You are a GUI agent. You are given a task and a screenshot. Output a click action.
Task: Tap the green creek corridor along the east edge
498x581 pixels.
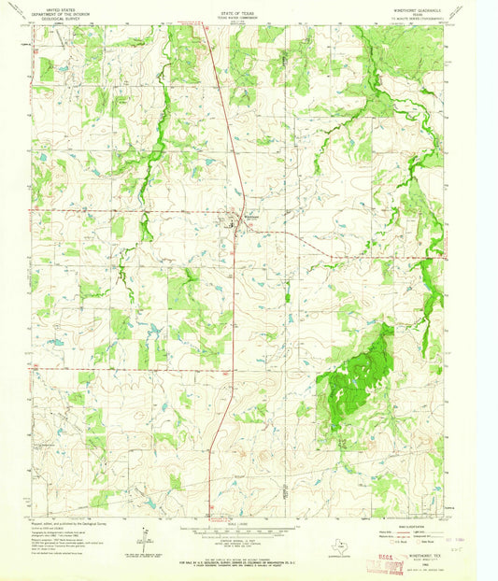tap(430, 280)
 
